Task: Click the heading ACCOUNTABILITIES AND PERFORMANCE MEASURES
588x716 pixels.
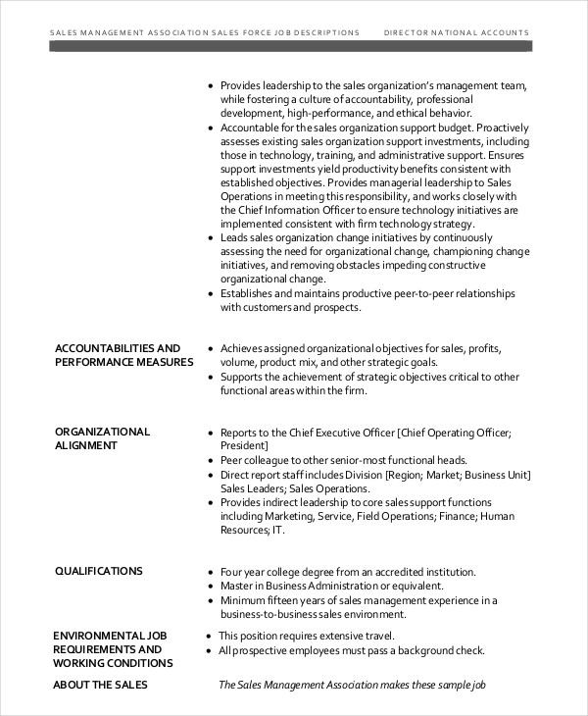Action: click(118, 355)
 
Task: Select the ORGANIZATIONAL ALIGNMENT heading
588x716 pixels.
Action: click(102, 438)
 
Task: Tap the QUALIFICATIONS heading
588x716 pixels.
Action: click(98, 571)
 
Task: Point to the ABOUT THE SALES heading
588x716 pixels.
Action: click(100, 685)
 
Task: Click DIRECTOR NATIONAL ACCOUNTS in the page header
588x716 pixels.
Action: click(456, 32)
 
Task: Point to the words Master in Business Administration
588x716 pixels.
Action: click(302, 587)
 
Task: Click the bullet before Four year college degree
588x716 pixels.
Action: click(211, 573)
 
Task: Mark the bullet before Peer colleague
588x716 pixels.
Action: click(211, 461)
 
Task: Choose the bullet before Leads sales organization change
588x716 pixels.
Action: click(211, 238)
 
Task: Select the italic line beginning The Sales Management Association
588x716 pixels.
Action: click(352, 686)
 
